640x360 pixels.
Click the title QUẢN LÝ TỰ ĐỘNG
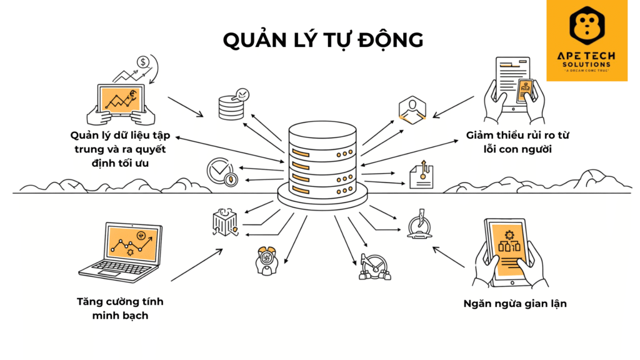point(323,39)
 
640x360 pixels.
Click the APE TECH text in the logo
point(586,56)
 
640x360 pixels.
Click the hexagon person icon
point(412,109)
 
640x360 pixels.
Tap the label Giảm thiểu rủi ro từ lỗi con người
point(518,141)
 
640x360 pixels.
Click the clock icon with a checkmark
point(222,172)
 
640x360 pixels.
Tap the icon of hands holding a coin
point(267,261)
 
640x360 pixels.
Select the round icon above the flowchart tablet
point(417,226)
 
